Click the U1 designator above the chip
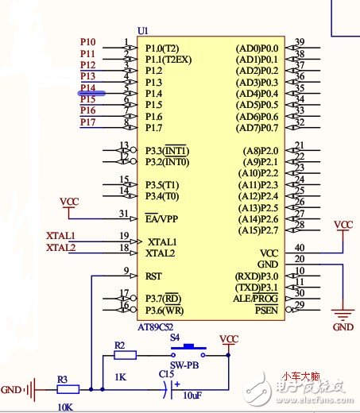point(143,30)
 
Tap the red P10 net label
point(87,41)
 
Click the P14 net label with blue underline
point(87,87)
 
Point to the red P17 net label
point(87,122)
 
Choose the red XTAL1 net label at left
point(60,236)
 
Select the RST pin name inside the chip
point(153,276)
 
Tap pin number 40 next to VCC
point(299,248)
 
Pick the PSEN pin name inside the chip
point(267,310)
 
